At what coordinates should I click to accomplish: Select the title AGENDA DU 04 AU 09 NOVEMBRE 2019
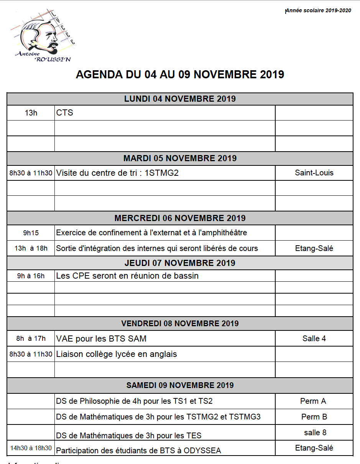click(180, 74)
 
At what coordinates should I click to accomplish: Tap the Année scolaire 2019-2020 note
click(318, 11)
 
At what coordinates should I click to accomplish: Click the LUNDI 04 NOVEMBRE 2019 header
click(180, 99)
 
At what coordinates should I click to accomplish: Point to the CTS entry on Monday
click(64, 113)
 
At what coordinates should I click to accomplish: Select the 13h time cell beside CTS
click(31, 113)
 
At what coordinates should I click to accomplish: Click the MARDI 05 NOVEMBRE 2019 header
click(180, 158)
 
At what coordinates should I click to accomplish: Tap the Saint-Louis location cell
click(314, 173)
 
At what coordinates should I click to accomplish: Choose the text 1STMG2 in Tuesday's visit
click(161, 173)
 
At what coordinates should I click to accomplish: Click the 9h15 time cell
click(31, 233)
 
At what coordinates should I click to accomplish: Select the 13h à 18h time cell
click(31, 248)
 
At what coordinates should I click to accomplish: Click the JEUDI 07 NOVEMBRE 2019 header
click(180, 263)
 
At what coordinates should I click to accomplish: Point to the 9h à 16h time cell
click(31, 276)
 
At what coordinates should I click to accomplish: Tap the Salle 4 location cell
click(314, 339)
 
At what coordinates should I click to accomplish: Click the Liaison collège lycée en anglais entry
click(117, 354)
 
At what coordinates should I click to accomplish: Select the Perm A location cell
click(313, 401)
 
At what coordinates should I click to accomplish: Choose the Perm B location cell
click(314, 417)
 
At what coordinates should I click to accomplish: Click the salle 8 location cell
click(315, 433)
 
